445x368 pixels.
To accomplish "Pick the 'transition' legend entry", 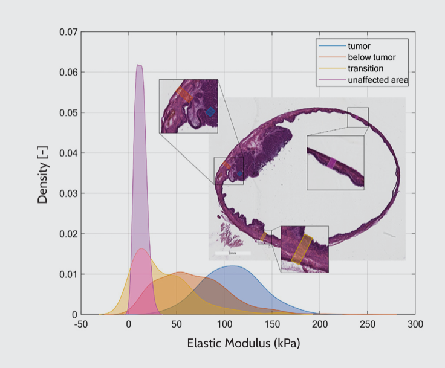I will pyautogui.click(x=365, y=68).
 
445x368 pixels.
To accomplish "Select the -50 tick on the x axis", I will pyautogui.click(x=80, y=325).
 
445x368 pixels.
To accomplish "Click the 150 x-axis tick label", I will pyautogui.click(x=271, y=325).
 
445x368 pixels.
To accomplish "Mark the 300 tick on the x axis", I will pyautogui.click(x=415, y=325).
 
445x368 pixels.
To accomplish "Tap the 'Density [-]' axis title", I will pyautogui.click(x=43, y=173).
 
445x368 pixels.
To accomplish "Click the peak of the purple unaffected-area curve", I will pyautogui.click(x=139, y=65).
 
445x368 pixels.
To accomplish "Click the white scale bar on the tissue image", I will pyautogui.click(x=233, y=253).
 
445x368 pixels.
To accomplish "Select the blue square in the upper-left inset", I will pyautogui.click(x=210, y=112).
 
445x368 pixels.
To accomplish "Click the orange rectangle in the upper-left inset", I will pyautogui.click(x=184, y=94).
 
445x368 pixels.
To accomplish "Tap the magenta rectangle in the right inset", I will pyautogui.click(x=331, y=163).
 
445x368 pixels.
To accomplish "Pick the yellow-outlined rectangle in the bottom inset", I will pyautogui.click(x=301, y=249).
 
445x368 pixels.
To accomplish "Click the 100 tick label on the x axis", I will pyautogui.click(x=224, y=325).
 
